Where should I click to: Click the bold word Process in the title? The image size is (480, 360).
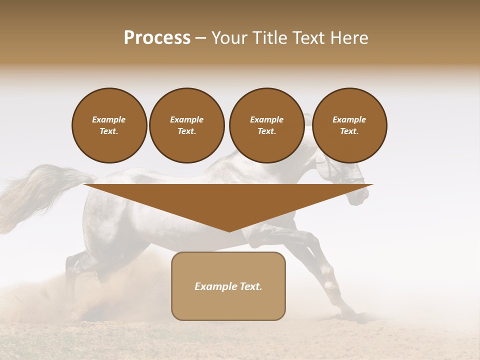[x=157, y=38]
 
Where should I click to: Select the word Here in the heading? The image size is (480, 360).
[x=349, y=38]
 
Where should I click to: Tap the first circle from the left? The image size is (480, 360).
[x=109, y=125]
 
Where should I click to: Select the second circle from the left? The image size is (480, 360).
[x=186, y=125]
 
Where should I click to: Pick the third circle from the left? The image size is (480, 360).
[x=266, y=125]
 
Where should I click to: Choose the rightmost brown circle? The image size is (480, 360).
[x=349, y=125]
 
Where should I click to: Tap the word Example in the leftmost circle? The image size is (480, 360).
[x=109, y=119]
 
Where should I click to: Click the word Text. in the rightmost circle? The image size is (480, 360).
[x=349, y=131]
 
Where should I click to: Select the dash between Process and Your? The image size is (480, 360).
[x=200, y=38]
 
